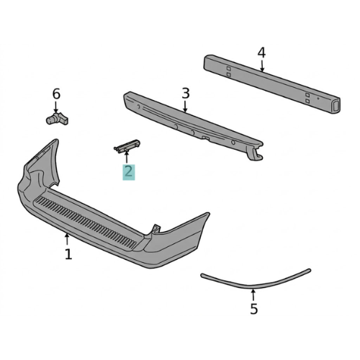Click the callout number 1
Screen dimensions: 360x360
(x=68, y=254)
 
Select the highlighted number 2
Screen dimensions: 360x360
(x=128, y=171)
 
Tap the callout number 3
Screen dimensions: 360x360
(x=185, y=94)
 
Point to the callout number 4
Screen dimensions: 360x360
(x=261, y=53)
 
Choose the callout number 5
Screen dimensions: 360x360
(x=253, y=310)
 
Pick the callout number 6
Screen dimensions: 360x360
(x=56, y=94)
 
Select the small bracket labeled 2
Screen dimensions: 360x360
(x=127, y=146)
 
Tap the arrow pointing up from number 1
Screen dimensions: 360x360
(x=68, y=239)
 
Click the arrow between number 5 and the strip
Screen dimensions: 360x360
(x=253, y=294)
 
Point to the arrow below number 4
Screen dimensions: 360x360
(x=261, y=66)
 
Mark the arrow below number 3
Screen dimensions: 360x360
(x=185, y=107)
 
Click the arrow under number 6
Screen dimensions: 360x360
(x=56, y=107)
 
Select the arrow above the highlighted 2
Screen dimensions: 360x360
(x=127, y=158)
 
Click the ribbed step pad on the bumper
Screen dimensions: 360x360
(x=86, y=220)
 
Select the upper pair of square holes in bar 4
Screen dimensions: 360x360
(x=228, y=71)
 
